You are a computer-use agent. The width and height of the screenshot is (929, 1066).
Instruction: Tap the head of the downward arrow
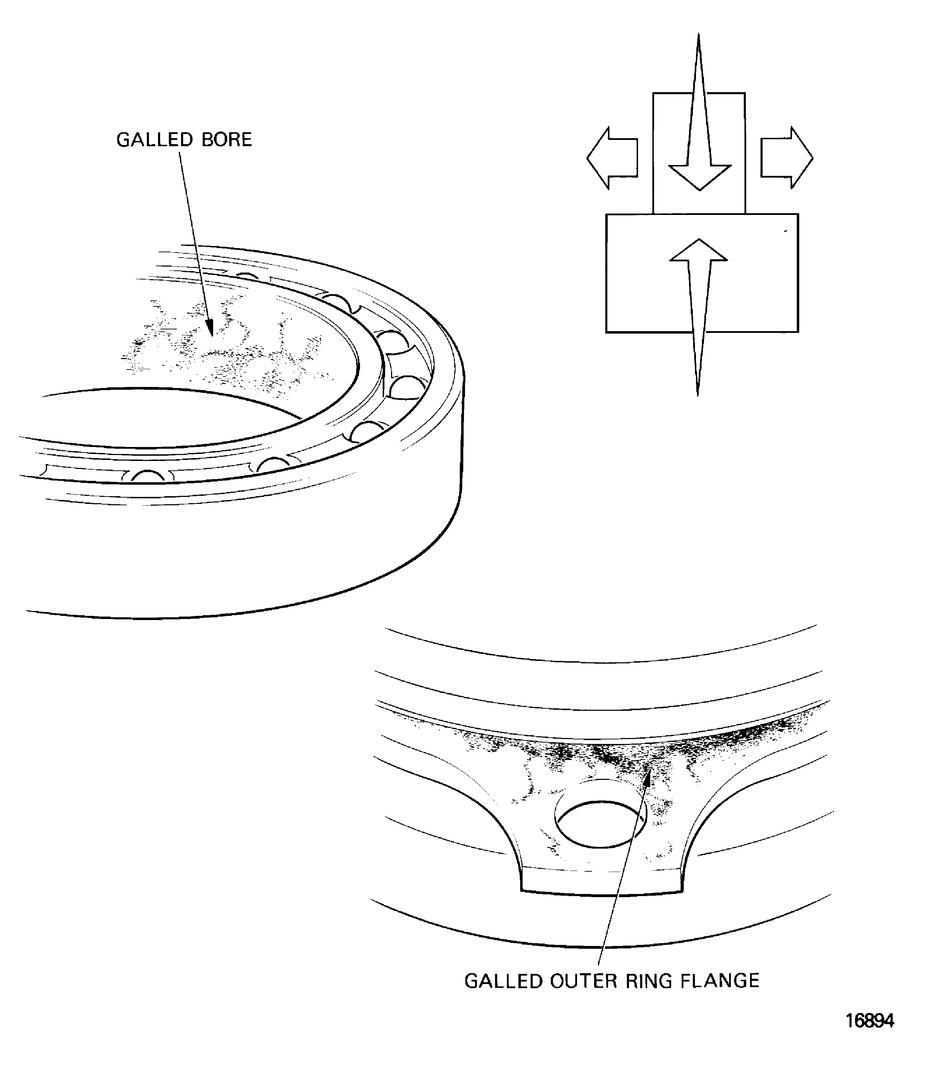[699, 176]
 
